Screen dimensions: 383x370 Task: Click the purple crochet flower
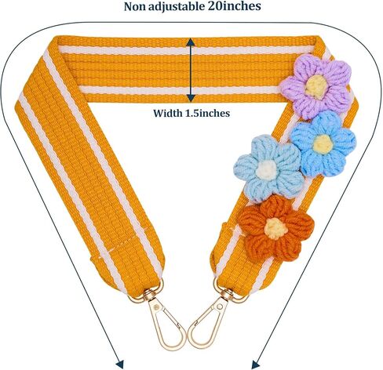pos(316,85)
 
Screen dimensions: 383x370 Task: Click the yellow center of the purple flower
pos(316,86)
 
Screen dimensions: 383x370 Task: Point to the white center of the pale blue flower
pos(266,169)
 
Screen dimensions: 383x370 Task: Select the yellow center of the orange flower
pos(276,228)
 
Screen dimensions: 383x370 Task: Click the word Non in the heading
pos(134,6)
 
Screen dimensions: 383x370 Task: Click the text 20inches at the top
pos(235,6)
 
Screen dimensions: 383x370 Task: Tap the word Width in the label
pos(168,113)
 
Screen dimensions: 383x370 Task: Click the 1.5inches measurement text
pos(207,113)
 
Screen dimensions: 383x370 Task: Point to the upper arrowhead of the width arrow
pos(191,42)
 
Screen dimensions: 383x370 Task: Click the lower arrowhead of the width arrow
pos(191,98)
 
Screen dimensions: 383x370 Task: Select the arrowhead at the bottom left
pos(120,365)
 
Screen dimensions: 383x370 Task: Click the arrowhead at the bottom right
pos(256,365)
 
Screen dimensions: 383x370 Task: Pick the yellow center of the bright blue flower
pos(323,144)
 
